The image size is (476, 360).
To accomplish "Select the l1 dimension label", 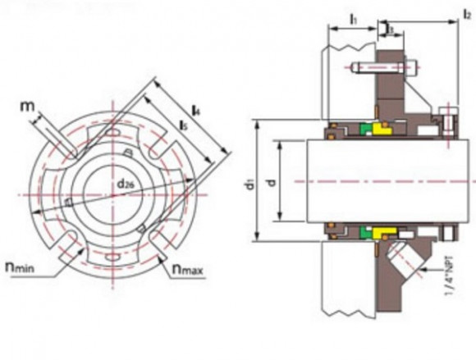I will click(353, 16).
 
